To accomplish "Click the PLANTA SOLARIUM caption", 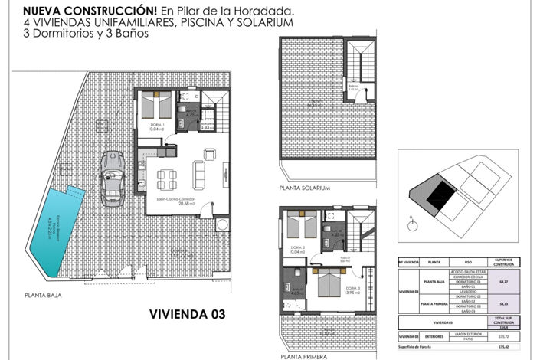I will (x=305, y=188).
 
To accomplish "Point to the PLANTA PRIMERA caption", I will (x=303, y=355).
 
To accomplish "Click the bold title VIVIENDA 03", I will (x=191, y=314).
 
